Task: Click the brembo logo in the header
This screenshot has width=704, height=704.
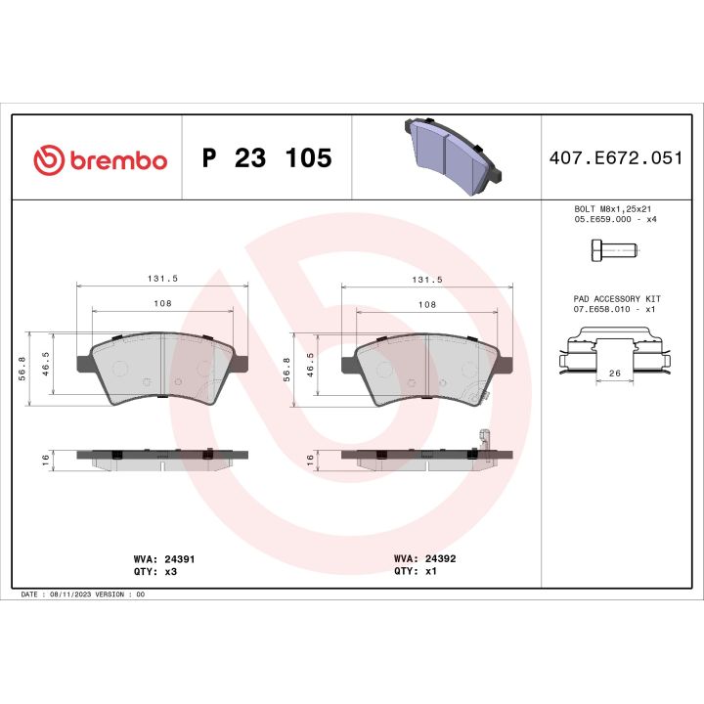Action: (100, 159)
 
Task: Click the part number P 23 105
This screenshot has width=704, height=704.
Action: (266, 159)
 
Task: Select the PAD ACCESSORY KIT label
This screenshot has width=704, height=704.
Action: (616, 297)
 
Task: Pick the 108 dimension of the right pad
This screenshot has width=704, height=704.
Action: (426, 305)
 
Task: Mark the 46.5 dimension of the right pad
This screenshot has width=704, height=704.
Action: (310, 365)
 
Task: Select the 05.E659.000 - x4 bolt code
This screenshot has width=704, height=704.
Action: (615, 219)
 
